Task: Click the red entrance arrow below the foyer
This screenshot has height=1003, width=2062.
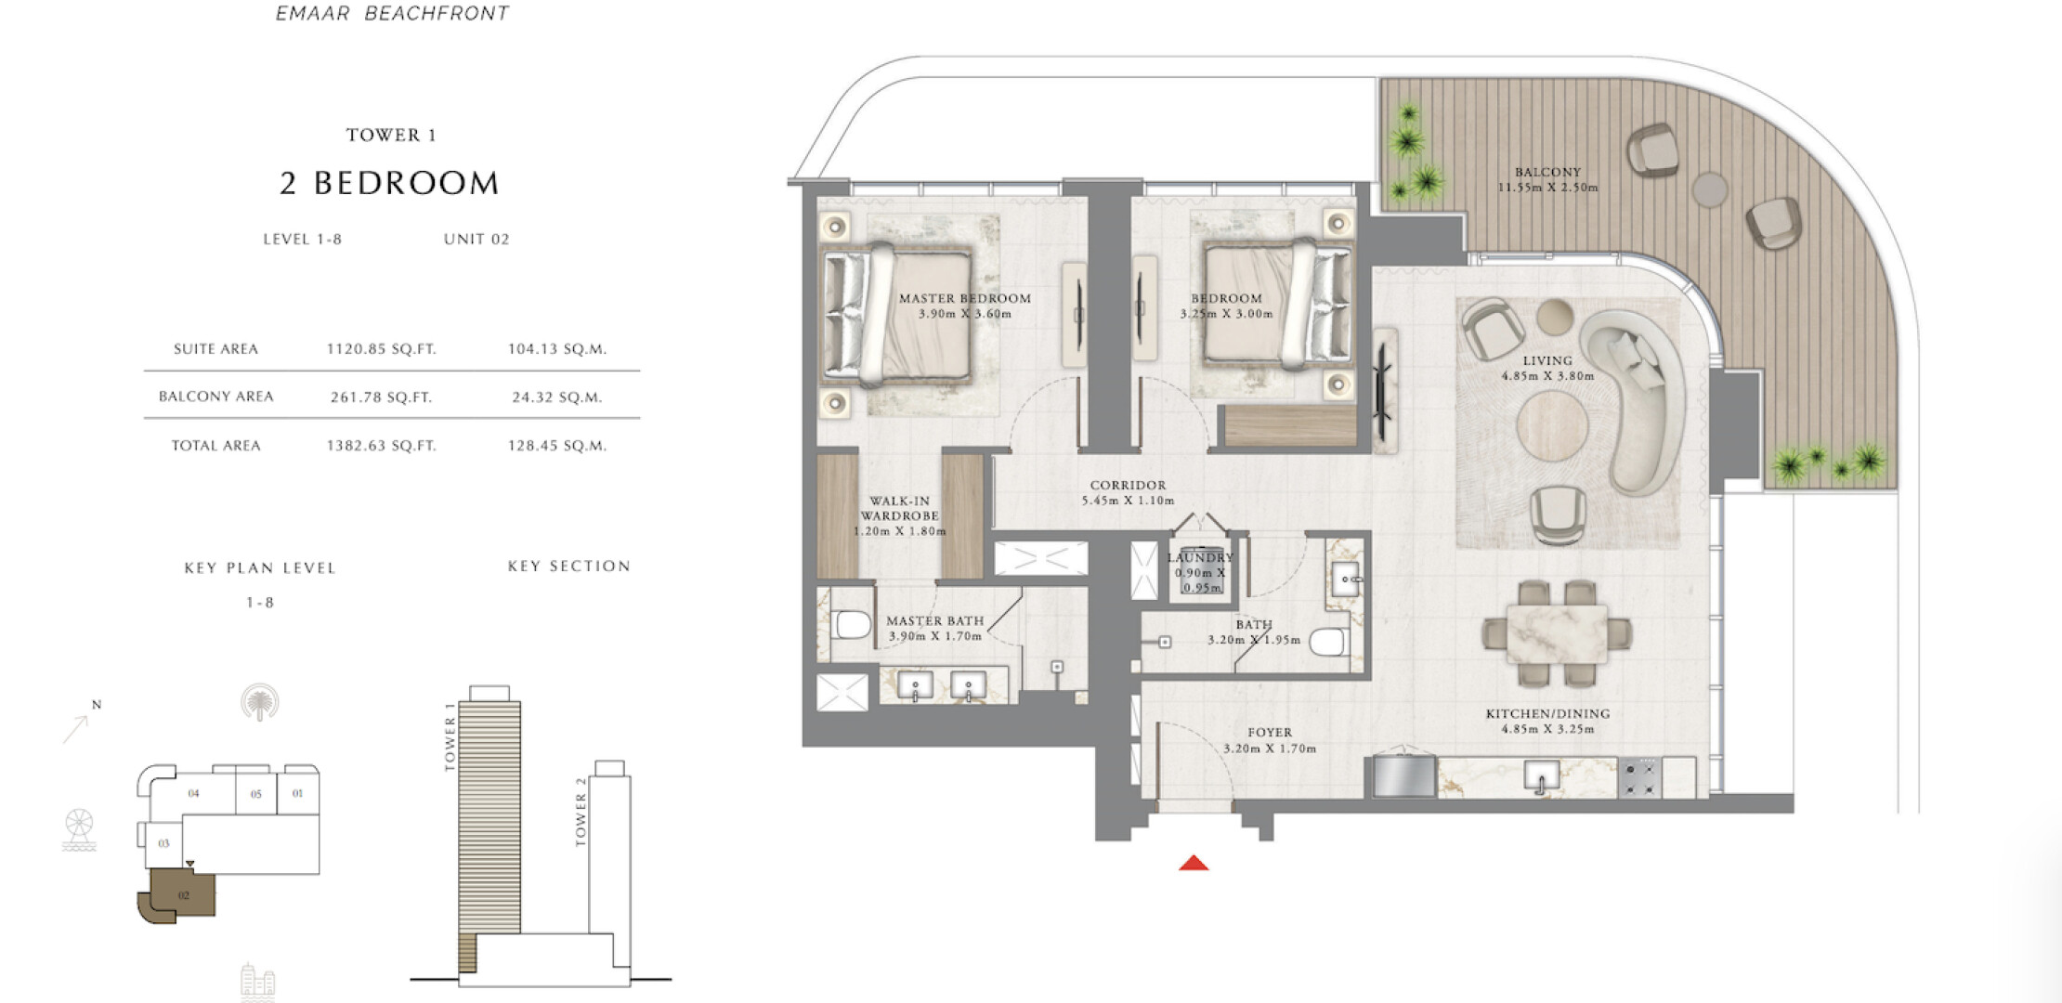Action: click(x=1194, y=864)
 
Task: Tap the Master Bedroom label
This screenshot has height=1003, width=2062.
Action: click(x=965, y=298)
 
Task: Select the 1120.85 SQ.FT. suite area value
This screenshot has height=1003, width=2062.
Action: click(x=381, y=349)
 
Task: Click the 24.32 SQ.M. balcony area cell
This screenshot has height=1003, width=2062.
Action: click(x=557, y=397)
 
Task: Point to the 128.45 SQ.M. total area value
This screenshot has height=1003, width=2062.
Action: click(x=557, y=445)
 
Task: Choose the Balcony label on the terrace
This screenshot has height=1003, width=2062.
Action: click(x=1547, y=172)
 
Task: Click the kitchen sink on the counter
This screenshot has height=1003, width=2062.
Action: click(x=1541, y=777)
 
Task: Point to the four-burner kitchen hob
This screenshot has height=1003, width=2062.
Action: click(x=1639, y=778)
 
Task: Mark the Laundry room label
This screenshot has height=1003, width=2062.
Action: click(x=1200, y=557)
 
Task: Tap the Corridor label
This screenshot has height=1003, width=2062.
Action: click(x=1128, y=485)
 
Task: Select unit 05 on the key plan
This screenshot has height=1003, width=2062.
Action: click(x=256, y=794)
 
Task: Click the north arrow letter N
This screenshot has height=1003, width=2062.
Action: click(x=97, y=705)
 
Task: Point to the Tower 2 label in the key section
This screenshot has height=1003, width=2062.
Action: click(x=581, y=812)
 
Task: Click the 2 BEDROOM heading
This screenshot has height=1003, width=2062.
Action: click(x=389, y=183)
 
